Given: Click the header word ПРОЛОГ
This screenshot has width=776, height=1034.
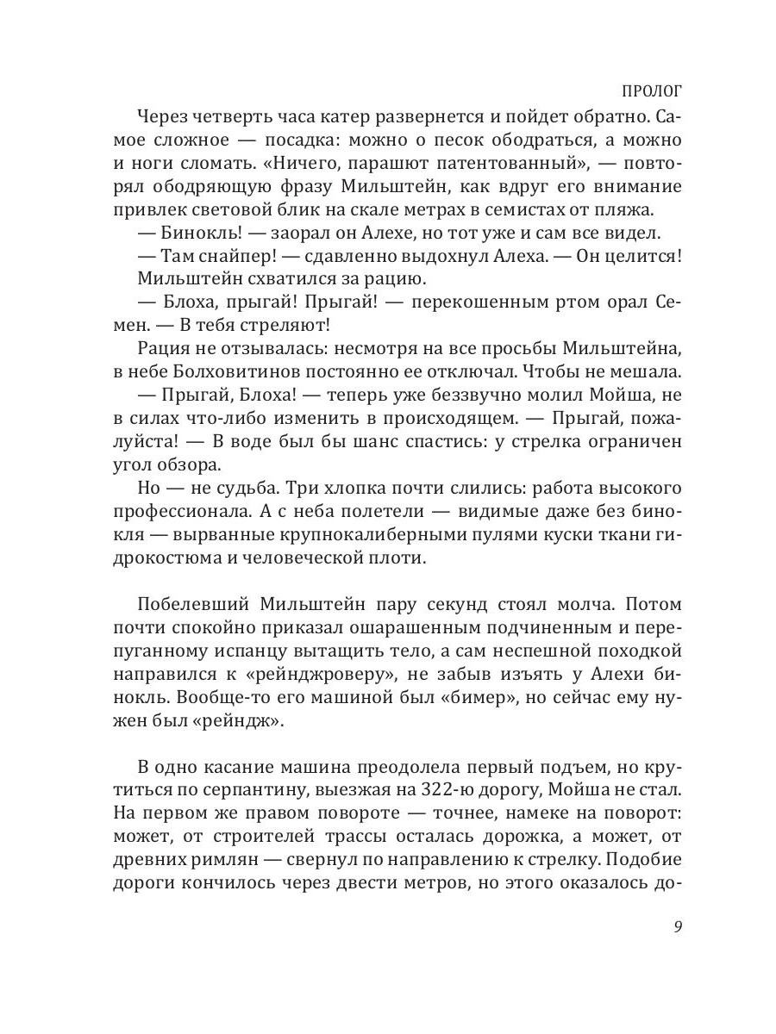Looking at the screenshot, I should pos(652,90).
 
